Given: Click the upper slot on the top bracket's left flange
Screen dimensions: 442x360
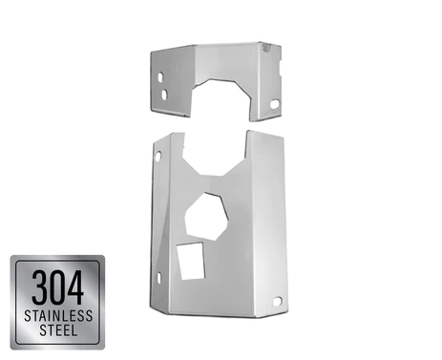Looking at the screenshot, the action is [160, 76].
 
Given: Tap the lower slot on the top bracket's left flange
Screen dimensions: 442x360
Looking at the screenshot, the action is [164, 95].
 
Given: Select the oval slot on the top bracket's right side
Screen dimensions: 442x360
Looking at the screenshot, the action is [275, 104].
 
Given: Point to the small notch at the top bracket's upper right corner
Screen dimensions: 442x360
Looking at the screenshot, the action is [266, 48].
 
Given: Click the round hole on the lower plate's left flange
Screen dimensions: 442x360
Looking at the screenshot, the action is [158, 156].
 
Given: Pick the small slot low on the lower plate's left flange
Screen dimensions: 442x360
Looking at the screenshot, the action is [158, 278].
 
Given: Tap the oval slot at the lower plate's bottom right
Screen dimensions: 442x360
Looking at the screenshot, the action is [277, 301].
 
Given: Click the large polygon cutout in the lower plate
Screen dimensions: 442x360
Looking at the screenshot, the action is [206, 217].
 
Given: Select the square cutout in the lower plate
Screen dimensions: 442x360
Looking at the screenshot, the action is [192, 261].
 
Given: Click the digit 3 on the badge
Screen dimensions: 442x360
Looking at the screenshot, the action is [40, 287].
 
